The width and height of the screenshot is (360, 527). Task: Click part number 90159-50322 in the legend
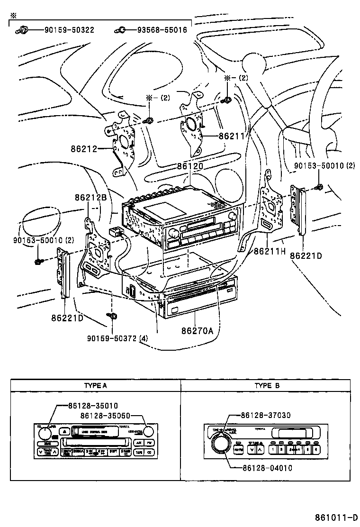[x=69, y=30]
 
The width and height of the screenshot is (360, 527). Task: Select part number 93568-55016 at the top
[x=162, y=30]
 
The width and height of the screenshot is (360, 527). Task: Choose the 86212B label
[x=90, y=197]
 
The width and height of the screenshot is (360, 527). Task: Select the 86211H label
[x=270, y=251]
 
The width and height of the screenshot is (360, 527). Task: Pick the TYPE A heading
[x=95, y=385]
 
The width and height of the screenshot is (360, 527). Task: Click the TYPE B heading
[x=267, y=385]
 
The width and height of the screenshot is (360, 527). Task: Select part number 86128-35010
[x=93, y=406]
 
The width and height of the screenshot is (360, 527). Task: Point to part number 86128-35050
[x=105, y=415]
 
